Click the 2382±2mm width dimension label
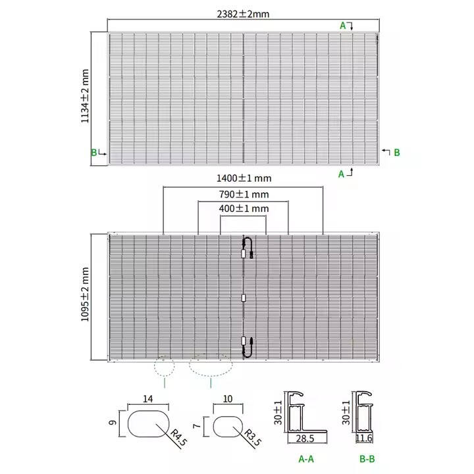tap(244, 13)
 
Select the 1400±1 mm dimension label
tap(244, 178)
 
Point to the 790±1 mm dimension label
tap(244, 194)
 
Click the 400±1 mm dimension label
tap(244, 209)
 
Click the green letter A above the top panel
tap(342, 25)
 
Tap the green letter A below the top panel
tap(341, 174)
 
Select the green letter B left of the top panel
tap(94, 153)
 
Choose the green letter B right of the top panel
tap(397, 153)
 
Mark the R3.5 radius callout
tap(251, 436)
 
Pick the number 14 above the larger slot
tap(147, 399)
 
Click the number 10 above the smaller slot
tap(228, 399)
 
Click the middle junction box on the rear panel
tap(244, 298)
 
